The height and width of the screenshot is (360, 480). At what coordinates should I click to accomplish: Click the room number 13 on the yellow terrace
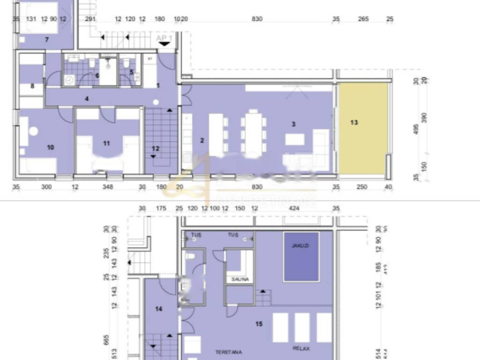tap(354, 123)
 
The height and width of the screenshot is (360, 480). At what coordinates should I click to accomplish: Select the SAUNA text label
tap(240, 279)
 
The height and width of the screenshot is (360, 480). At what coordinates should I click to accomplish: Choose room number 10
tap(51, 147)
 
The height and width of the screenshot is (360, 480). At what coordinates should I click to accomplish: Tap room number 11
tap(106, 143)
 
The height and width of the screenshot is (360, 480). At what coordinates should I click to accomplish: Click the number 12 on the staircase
tap(156, 149)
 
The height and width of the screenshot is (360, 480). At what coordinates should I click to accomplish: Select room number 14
tap(159, 309)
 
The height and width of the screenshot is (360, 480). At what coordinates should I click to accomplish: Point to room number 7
tap(47, 40)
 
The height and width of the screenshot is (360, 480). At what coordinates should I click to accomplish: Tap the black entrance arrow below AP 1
tap(165, 44)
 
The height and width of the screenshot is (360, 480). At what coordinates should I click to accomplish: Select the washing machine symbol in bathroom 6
tap(69, 80)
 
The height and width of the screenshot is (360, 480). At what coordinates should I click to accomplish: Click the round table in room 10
tap(33, 131)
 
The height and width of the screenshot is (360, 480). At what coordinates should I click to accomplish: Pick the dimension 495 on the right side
tap(416, 130)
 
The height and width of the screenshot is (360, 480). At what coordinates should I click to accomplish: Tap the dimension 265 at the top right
tap(363, 19)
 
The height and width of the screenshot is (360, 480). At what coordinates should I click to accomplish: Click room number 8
tap(32, 86)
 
